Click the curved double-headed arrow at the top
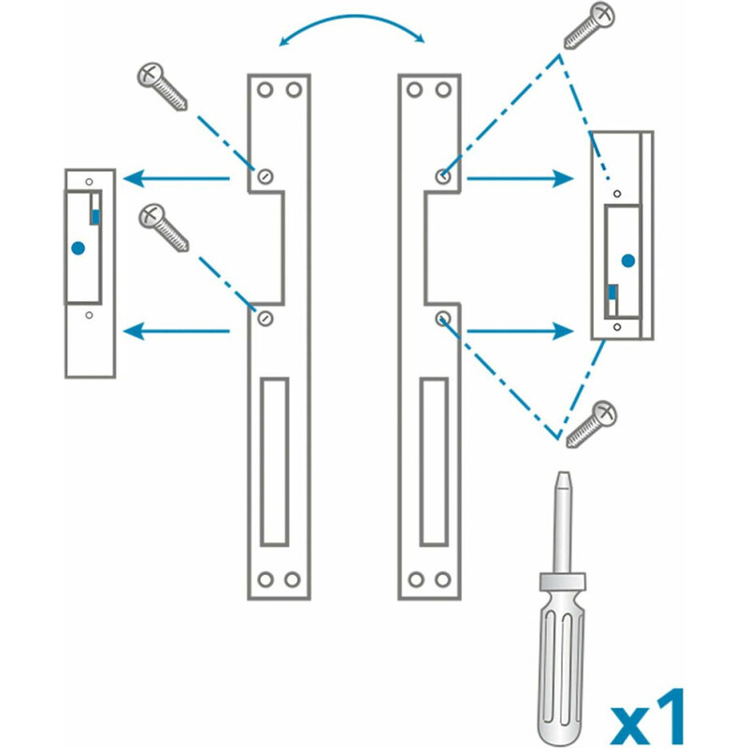pyautogui.click(x=352, y=16)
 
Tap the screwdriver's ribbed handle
pyautogui.click(x=562, y=668)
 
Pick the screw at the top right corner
pyautogui.click(x=589, y=25)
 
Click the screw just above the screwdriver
pyautogui.click(x=592, y=424)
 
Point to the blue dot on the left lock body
pyautogui.click(x=78, y=248)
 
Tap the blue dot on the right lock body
pyautogui.click(x=628, y=261)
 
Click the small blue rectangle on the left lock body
pyautogui.click(x=95, y=217)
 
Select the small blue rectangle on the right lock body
pyautogui.click(x=612, y=292)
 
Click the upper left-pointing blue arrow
pyautogui.click(x=177, y=179)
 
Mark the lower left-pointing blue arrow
pyautogui.click(x=177, y=331)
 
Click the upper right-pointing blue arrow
pyautogui.click(x=520, y=179)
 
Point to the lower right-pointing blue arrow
pyautogui.click(x=520, y=331)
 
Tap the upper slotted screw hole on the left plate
pyautogui.click(x=266, y=177)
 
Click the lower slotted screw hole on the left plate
pyautogui.click(x=266, y=318)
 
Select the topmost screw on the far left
pyautogui.click(x=162, y=86)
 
